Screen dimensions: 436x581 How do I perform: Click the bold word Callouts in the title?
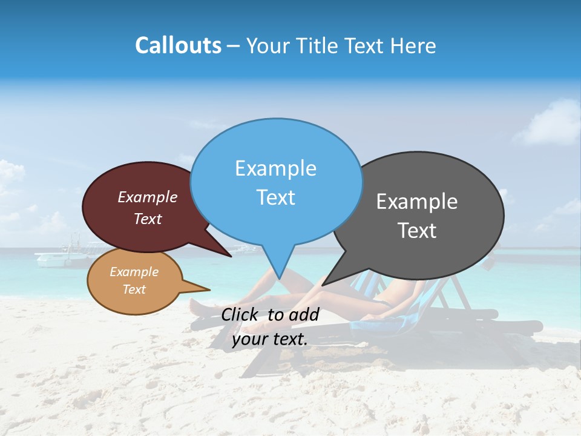(178, 45)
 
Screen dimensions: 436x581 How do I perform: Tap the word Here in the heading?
(413, 45)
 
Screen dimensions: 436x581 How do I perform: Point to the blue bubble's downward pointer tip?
(279, 278)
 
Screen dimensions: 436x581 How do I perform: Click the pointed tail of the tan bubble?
(209, 289)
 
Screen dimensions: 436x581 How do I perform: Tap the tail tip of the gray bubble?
(323, 285)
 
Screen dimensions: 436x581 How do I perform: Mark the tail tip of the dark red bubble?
(231, 256)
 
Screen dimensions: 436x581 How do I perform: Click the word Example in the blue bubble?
(275, 168)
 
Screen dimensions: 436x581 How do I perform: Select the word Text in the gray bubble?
(417, 231)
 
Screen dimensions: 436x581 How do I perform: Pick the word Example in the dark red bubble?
(147, 197)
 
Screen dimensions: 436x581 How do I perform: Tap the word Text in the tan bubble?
(134, 289)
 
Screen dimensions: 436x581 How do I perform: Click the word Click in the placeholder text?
(240, 314)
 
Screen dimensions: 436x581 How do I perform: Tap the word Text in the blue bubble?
(276, 197)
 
